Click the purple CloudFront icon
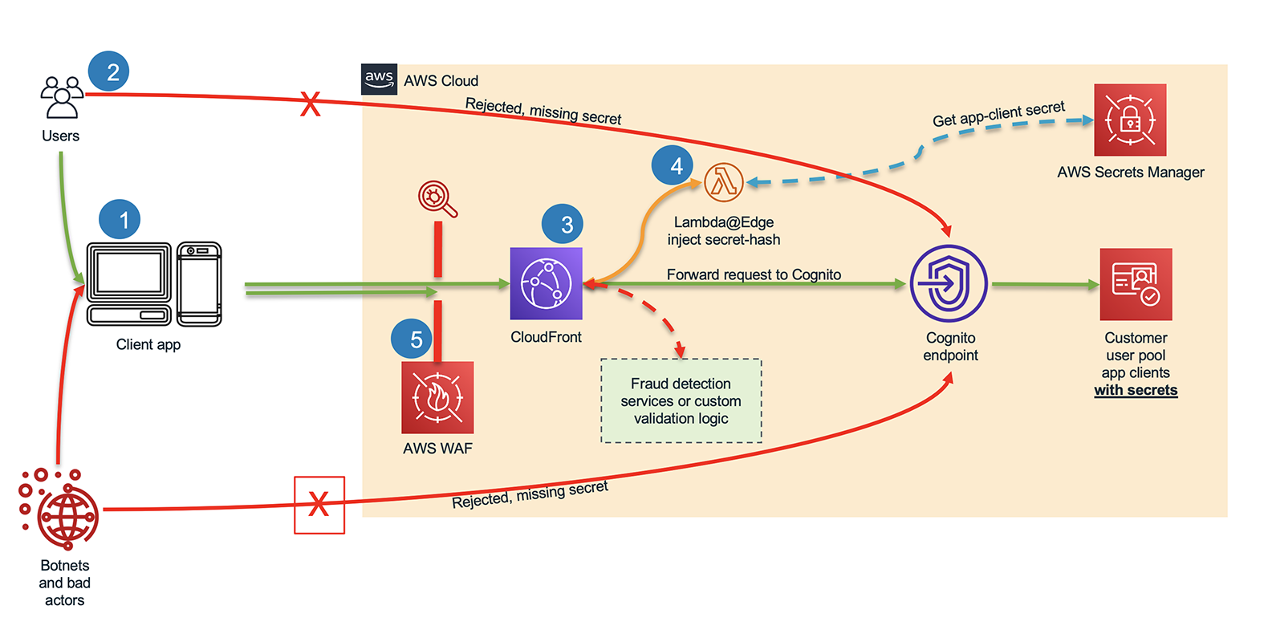(546, 283)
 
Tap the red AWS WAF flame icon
(437, 397)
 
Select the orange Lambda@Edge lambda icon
(723, 182)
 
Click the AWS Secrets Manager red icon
(1129, 120)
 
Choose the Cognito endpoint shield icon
(949, 284)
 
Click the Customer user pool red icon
(1136, 284)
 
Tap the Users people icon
(61, 97)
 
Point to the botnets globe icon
(66, 515)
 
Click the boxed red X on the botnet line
(319, 505)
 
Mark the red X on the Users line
(311, 104)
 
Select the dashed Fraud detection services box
(681, 400)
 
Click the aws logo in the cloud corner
(379, 79)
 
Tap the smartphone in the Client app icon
(198, 284)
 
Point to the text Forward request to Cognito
(754, 274)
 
